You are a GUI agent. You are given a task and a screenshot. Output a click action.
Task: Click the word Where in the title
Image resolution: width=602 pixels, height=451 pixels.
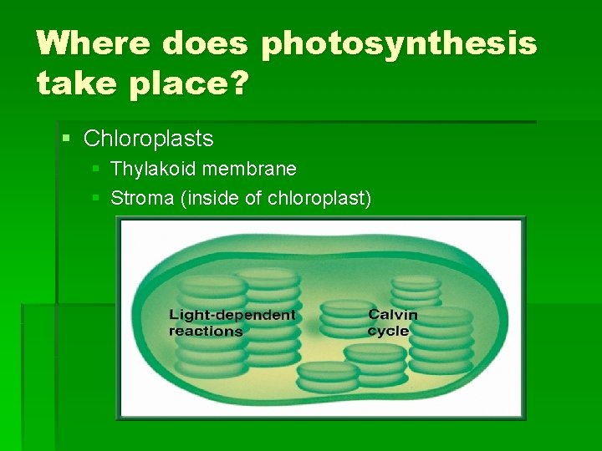[92, 43]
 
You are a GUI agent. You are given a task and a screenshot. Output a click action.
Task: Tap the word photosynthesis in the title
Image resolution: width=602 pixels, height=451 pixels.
[399, 44]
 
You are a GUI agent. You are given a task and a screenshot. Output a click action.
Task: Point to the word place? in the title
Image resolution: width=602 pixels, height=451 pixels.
[191, 84]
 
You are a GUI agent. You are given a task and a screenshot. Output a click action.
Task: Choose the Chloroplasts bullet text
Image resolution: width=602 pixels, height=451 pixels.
[149, 138]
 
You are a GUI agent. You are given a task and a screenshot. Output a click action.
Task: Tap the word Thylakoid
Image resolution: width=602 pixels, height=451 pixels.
[153, 169]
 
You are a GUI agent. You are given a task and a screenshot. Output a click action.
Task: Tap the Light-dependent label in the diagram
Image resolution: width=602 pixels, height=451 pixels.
[232, 315]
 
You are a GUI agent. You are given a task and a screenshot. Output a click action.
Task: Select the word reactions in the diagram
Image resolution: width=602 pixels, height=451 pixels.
[206, 331]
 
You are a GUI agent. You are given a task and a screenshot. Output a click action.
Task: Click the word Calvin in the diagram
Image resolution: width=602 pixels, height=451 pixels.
[392, 315]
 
